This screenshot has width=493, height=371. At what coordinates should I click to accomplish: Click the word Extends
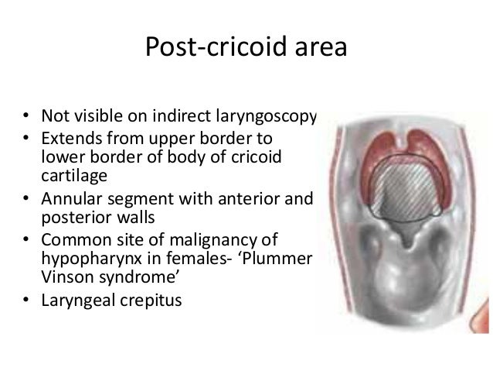point(70,138)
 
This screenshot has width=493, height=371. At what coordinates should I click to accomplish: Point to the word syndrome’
point(135,275)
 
